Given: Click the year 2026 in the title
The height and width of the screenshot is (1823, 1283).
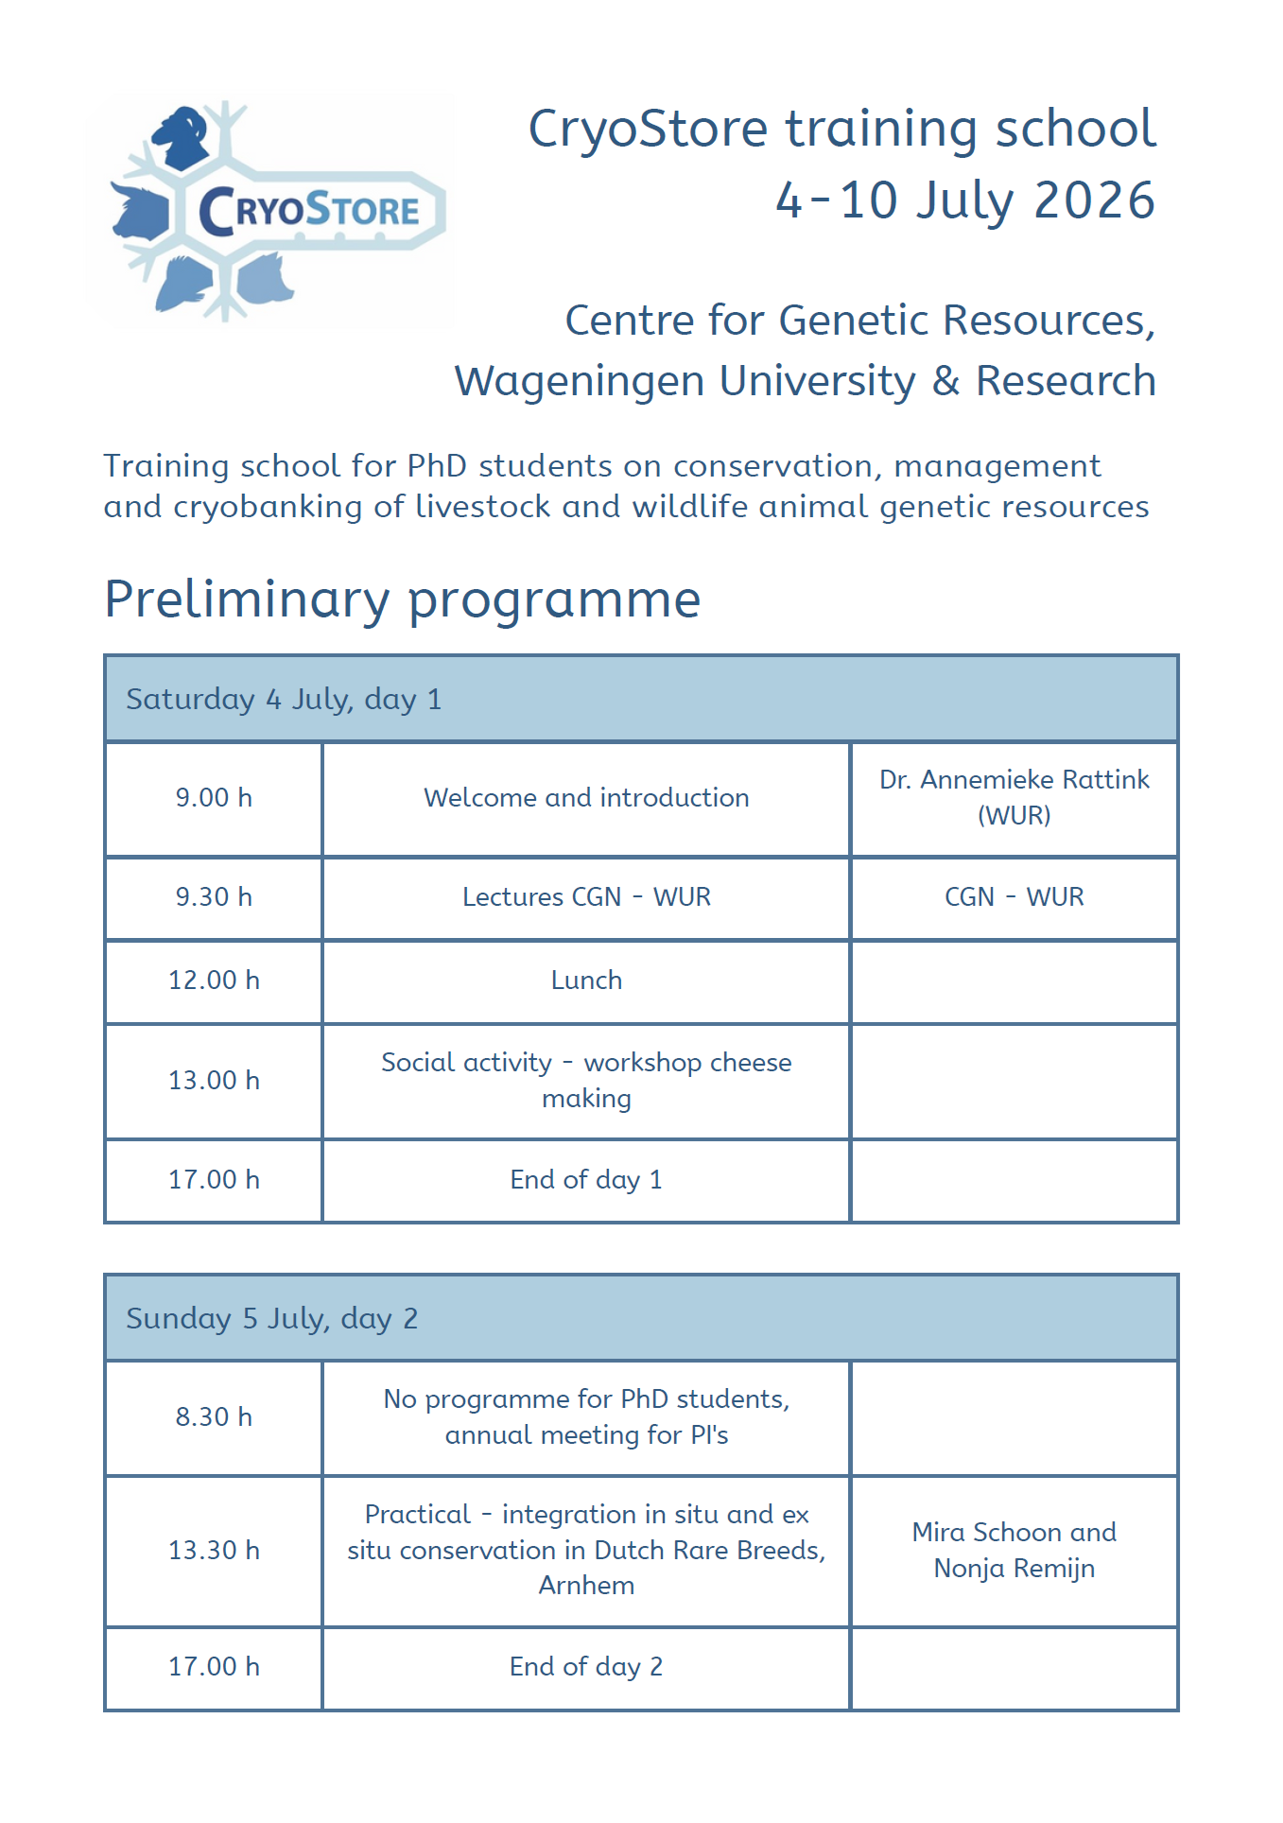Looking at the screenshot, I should [x=1094, y=200].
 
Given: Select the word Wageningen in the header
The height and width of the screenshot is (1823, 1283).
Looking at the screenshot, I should [x=580, y=381].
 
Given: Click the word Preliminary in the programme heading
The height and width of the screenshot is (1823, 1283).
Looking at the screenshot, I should [x=247, y=599].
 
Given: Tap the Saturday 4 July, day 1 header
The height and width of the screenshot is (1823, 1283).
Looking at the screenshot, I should [x=284, y=700].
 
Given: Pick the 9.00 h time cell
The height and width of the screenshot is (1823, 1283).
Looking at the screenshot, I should [x=214, y=798].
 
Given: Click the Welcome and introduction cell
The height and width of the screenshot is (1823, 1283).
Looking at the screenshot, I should [x=586, y=798].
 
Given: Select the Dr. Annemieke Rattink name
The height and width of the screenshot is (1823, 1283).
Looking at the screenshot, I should [x=1014, y=780].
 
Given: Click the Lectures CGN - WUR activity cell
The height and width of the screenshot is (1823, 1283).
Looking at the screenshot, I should [x=586, y=897].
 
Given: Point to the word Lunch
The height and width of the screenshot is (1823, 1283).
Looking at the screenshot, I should [x=586, y=981].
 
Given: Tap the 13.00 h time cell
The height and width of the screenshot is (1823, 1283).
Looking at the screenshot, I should [x=214, y=1081].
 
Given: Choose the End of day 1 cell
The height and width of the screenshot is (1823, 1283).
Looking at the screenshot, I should [x=586, y=1180].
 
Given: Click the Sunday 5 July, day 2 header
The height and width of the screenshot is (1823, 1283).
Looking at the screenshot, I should [x=272, y=1319].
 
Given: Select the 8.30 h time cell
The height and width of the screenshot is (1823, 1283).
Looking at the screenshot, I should [x=214, y=1417].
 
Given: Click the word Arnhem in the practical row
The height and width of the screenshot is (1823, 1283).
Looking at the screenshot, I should [x=586, y=1586].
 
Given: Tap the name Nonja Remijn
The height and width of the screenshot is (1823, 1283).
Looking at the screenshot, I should [x=1014, y=1569].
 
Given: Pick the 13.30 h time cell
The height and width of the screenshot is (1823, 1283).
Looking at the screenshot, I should [x=214, y=1551].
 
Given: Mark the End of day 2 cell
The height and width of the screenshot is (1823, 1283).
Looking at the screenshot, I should [x=586, y=1667].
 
